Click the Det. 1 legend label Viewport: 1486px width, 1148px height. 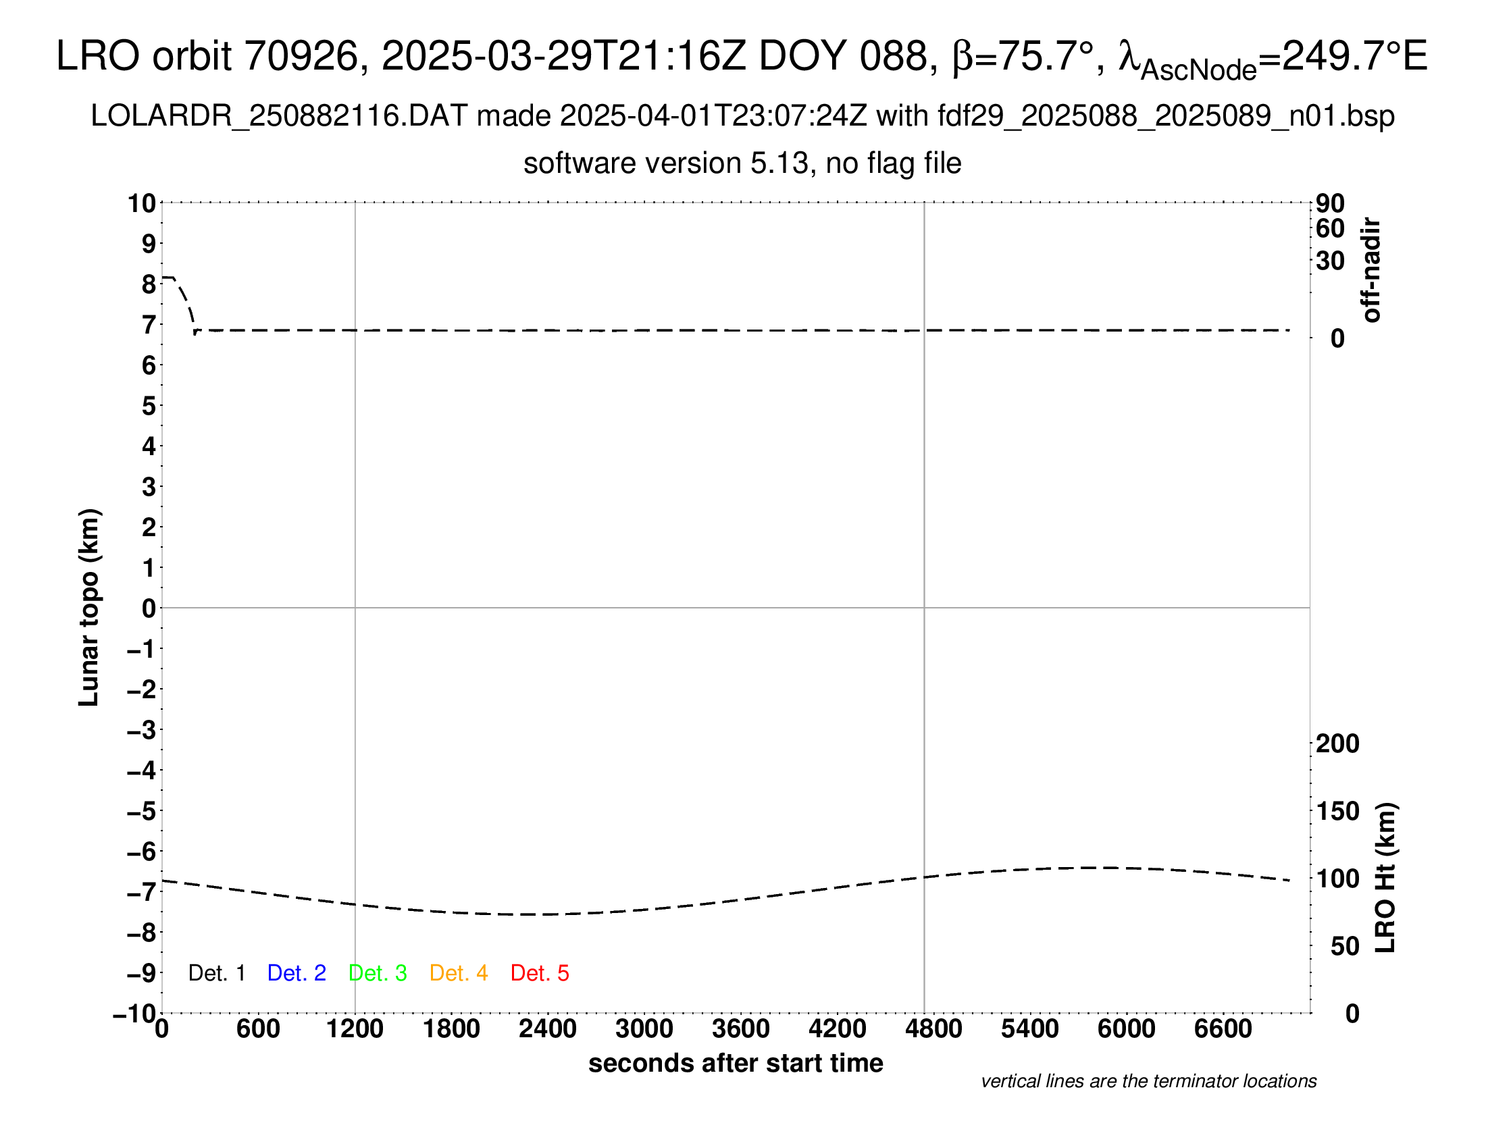[216, 973]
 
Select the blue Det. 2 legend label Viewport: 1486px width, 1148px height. [297, 973]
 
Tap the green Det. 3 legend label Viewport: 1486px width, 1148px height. [378, 973]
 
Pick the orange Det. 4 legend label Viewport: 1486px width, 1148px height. [459, 973]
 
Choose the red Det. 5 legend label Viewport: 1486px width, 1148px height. [540, 973]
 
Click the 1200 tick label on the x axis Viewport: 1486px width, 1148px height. [355, 1029]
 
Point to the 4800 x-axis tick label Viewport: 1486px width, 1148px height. [933, 1029]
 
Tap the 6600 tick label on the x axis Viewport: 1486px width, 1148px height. [1223, 1029]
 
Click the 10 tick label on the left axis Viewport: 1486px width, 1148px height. [143, 203]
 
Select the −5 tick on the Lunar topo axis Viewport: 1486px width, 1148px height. [141, 811]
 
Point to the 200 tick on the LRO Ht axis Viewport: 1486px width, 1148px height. [1337, 743]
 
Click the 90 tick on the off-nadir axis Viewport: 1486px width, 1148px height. [1330, 203]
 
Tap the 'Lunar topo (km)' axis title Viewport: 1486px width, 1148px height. [89, 607]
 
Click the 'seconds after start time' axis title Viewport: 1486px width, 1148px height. [736, 1063]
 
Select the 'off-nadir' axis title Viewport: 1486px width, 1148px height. [1371, 270]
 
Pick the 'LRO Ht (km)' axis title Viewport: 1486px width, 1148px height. [1386, 878]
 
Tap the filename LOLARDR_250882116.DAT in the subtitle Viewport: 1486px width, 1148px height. [279, 116]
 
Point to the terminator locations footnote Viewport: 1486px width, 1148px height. [1148, 1081]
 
